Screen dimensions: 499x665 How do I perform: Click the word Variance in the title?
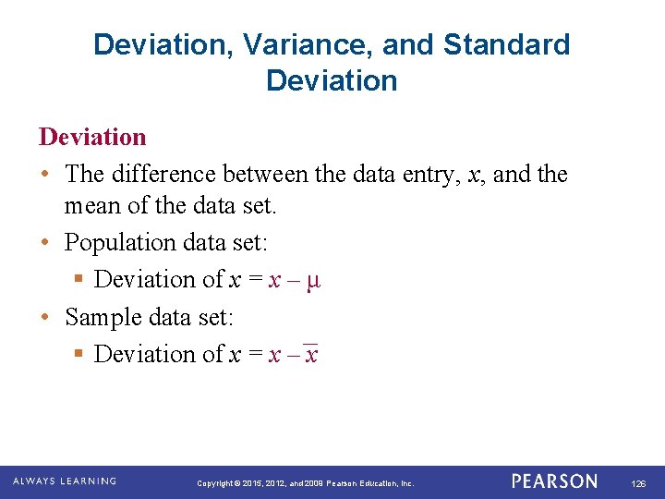click(x=301, y=44)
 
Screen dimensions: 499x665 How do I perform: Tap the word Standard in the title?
click(x=507, y=44)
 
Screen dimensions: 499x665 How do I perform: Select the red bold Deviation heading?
click(x=92, y=137)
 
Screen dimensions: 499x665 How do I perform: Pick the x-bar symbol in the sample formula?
click(x=311, y=354)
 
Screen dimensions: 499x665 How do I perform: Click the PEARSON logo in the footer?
click(x=555, y=481)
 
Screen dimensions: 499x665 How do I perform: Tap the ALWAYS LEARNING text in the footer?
click(x=65, y=481)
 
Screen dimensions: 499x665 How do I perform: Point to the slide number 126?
click(x=638, y=483)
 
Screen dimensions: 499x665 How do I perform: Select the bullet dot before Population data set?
click(x=45, y=243)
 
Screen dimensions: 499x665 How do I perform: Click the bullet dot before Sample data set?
click(x=45, y=318)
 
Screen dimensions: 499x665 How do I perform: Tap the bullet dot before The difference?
click(x=45, y=175)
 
